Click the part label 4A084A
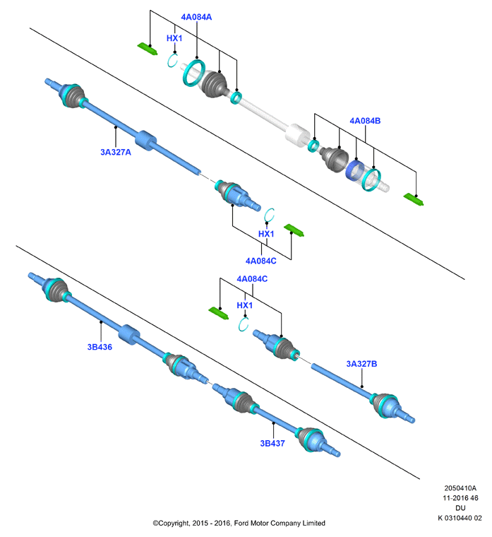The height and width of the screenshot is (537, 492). pyautogui.click(x=196, y=17)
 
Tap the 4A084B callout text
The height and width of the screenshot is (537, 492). pyautogui.click(x=365, y=121)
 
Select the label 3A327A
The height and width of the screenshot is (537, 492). pyautogui.click(x=116, y=152)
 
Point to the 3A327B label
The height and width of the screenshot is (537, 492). pyautogui.click(x=361, y=364)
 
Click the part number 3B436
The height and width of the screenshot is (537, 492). pyautogui.click(x=100, y=347)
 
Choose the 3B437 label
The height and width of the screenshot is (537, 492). pyautogui.click(x=272, y=443)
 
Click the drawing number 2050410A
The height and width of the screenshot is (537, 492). pyautogui.click(x=460, y=488)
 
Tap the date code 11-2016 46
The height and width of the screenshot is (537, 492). pyautogui.click(x=460, y=498)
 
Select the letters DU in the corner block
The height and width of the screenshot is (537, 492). pyautogui.click(x=460, y=508)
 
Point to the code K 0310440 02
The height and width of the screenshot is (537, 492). pyautogui.click(x=460, y=518)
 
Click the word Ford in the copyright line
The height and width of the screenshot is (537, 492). pyautogui.click(x=241, y=523)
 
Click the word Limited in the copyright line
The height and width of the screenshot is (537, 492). pyautogui.click(x=313, y=523)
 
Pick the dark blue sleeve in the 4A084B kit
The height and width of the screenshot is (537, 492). pyautogui.click(x=355, y=170)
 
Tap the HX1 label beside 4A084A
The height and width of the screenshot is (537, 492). pyautogui.click(x=174, y=38)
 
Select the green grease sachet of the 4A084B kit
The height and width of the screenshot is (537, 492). pyautogui.click(x=414, y=199)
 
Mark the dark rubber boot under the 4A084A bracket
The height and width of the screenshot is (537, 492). pyautogui.click(x=214, y=84)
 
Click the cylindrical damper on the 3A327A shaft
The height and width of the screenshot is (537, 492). pyautogui.click(x=145, y=141)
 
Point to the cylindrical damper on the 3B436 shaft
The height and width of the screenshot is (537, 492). pyautogui.click(x=129, y=334)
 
